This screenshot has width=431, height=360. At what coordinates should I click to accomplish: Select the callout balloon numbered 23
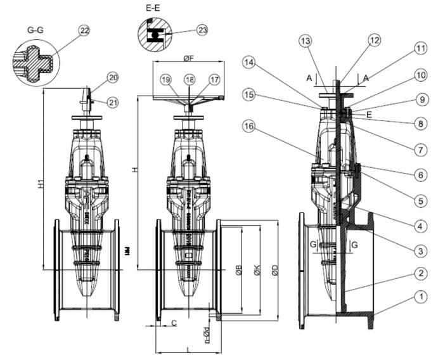[x=202, y=30]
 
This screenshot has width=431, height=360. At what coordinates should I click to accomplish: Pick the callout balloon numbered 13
[x=306, y=41]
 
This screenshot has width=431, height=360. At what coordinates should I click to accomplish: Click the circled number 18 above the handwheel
[x=188, y=79]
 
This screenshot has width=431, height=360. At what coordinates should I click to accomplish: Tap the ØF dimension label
[x=188, y=58]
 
